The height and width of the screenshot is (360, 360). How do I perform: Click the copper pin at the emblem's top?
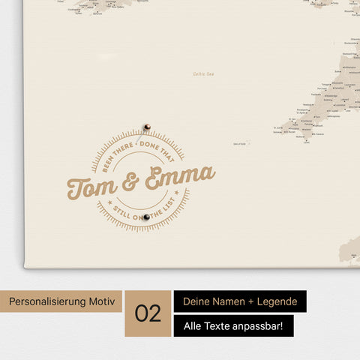[147, 127]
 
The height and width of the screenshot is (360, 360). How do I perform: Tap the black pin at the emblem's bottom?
[147, 217]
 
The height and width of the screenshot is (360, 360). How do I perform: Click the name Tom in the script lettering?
[93, 186]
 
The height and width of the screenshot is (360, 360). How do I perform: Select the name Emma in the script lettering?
[182, 178]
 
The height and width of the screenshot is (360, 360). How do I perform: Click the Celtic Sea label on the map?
[203, 73]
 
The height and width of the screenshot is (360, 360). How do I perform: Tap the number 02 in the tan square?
[148, 313]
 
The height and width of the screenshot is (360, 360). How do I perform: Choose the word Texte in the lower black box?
[217, 326]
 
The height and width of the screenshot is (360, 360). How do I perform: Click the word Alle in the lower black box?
[191, 326]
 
